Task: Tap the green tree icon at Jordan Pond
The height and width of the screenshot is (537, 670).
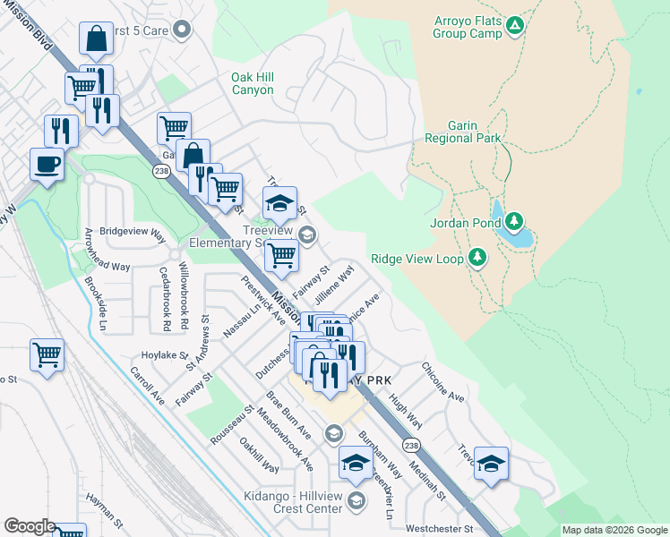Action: (x=514, y=221)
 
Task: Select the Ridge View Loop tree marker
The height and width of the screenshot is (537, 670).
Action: (x=477, y=259)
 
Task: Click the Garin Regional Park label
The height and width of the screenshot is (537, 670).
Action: (x=463, y=132)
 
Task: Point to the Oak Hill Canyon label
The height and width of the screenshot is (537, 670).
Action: (x=253, y=83)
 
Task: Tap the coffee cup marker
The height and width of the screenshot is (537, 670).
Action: (x=47, y=164)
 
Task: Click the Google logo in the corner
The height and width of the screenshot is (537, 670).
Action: (x=30, y=526)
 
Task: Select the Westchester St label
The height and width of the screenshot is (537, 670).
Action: (x=438, y=529)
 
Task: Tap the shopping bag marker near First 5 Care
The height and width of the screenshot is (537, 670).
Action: (x=96, y=39)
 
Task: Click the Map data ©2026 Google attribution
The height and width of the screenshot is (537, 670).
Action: (x=614, y=530)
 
